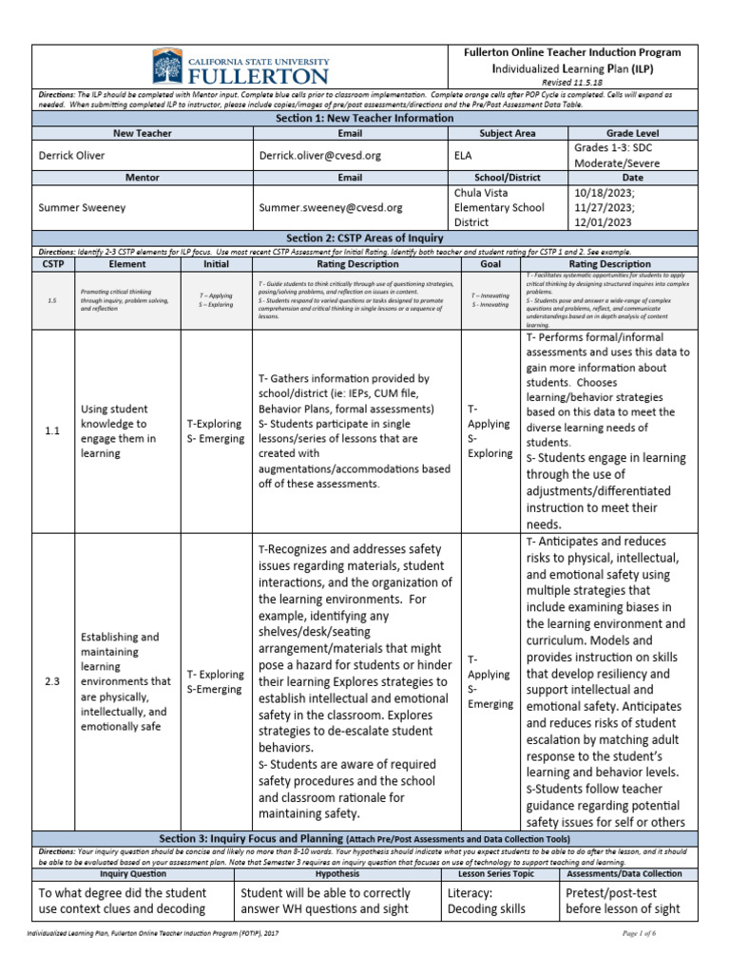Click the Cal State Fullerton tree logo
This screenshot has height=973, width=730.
[167, 67]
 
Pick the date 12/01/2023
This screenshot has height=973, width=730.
[606, 222]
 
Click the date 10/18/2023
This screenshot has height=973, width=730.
[606, 190]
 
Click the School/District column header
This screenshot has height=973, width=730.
[509, 177]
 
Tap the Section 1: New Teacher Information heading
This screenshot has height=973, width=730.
[365, 119]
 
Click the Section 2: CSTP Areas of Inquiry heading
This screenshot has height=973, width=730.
[365, 237]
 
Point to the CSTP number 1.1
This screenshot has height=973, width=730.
[52, 431]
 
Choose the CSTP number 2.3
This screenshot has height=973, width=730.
[52, 681]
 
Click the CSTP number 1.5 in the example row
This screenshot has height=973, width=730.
[52, 299]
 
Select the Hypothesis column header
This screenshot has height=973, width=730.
[337, 873]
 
